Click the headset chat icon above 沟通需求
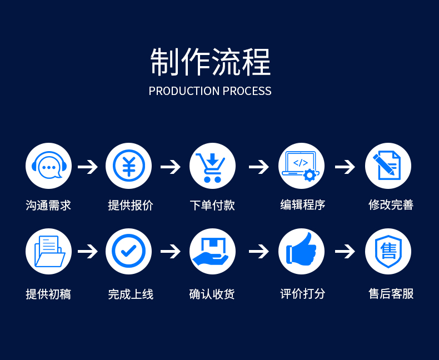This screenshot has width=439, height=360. pyautogui.click(x=49, y=166)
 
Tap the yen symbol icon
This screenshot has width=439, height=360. pyautogui.click(x=128, y=166)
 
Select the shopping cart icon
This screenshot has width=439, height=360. pyautogui.click(x=212, y=166)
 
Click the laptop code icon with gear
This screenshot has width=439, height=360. pyautogui.click(x=301, y=166)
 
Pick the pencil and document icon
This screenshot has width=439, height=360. pyautogui.click(x=387, y=166)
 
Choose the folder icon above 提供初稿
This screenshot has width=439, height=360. pyautogui.click(x=49, y=251)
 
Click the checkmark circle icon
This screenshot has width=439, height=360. pyautogui.click(x=128, y=251)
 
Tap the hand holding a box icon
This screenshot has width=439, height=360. pyautogui.click(x=212, y=251)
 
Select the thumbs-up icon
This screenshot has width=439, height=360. pyautogui.click(x=301, y=251)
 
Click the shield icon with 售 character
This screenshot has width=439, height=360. pyautogui.click(x=387, y=251)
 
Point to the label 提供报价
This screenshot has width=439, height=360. pyautogui.click(x=131, y=205)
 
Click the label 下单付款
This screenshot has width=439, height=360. pyautogui.click(x=212, y=205)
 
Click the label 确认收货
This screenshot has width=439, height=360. pyautogui.click(x=212, y=294)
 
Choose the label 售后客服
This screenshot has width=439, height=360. pyautogui.click(x=391, y=293)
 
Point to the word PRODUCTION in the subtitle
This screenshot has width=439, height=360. pyautogui.click(x=184, y=91)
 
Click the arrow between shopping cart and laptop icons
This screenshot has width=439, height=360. pyautogui.click(x=258, y=167)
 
